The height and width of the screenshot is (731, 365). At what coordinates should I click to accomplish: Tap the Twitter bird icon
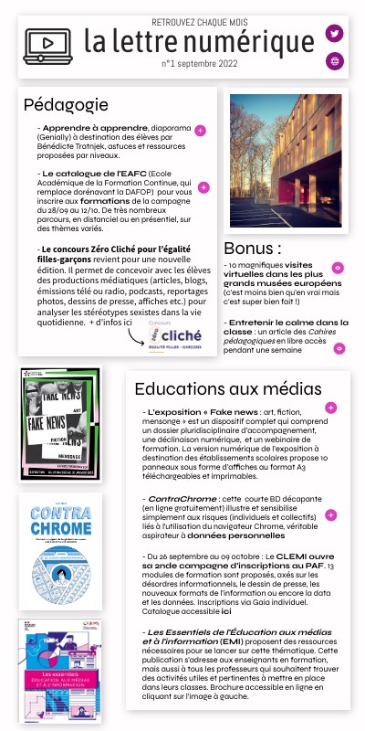pos(335,34)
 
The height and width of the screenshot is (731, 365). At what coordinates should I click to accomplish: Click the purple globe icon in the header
pos(335,61)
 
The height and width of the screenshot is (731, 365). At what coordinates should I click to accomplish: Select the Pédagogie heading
pos(67,105)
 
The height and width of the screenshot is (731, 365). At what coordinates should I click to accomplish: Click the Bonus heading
pos(253,249)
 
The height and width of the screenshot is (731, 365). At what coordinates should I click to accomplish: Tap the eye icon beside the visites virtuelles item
pos(338,268)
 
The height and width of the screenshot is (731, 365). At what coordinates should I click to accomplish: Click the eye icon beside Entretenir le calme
pos(339,348)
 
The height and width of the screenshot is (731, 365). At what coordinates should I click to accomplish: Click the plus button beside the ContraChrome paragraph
pos(330,515)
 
